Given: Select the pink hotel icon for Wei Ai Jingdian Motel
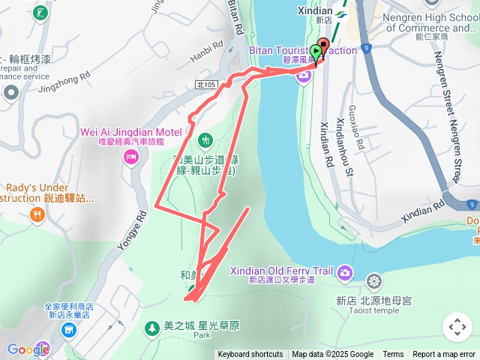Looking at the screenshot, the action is coord(131,157).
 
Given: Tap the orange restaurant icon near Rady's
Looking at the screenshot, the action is coord(37,216).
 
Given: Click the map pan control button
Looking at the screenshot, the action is coord(457,327).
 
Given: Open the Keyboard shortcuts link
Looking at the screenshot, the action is coord(250,355).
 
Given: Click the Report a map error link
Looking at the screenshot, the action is coord(444,355).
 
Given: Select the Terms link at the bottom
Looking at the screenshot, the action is coord(393,355).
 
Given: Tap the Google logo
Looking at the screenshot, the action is coord(28,349).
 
